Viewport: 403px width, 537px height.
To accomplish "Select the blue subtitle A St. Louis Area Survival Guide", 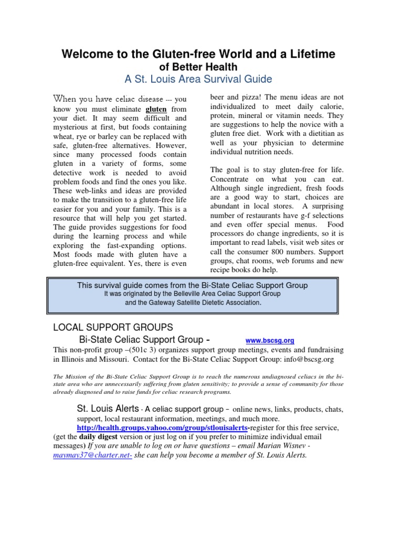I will pyautogui.click(x=198, y=79).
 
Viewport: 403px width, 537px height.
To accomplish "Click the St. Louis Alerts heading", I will pyautogui.click(x=108, y=409).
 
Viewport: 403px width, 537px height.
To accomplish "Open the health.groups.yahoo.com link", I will pyautogui.click(x=161, y=428).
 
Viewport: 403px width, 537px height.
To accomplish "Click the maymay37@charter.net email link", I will pyautogui.click(x=93, y=455).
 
